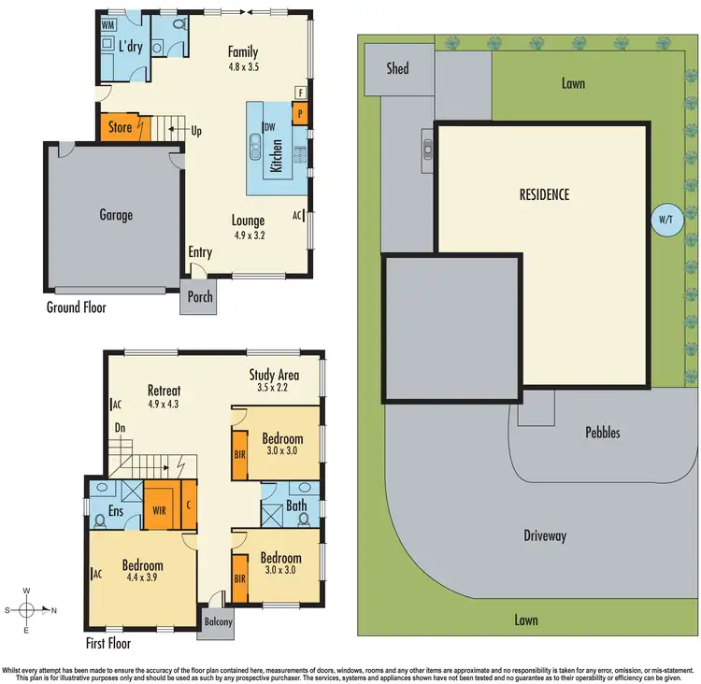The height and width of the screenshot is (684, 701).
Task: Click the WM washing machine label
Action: [x=109, y=25]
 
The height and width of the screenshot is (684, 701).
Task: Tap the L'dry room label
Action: [x=130, y=47]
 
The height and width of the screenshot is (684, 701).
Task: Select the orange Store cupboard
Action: [x=120, y=127]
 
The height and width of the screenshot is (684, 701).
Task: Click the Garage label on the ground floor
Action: [x=116, y=215]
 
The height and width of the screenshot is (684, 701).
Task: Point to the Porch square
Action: [x=200, y=297]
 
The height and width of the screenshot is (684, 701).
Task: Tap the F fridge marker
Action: [x=300, y=93]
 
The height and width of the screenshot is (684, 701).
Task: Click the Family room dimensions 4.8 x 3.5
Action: [x=243, y=67]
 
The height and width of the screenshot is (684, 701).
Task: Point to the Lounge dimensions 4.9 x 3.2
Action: [x=249, y=235]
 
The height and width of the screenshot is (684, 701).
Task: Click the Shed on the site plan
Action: [x=397, y=68]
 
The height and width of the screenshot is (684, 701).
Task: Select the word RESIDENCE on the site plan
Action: [x=544, y=194]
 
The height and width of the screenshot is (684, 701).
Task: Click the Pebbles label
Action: [x=602, y=433]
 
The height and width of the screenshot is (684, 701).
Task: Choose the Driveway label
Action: [x=544, y=535]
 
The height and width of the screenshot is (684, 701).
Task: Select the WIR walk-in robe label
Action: [x=158, y=510]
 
